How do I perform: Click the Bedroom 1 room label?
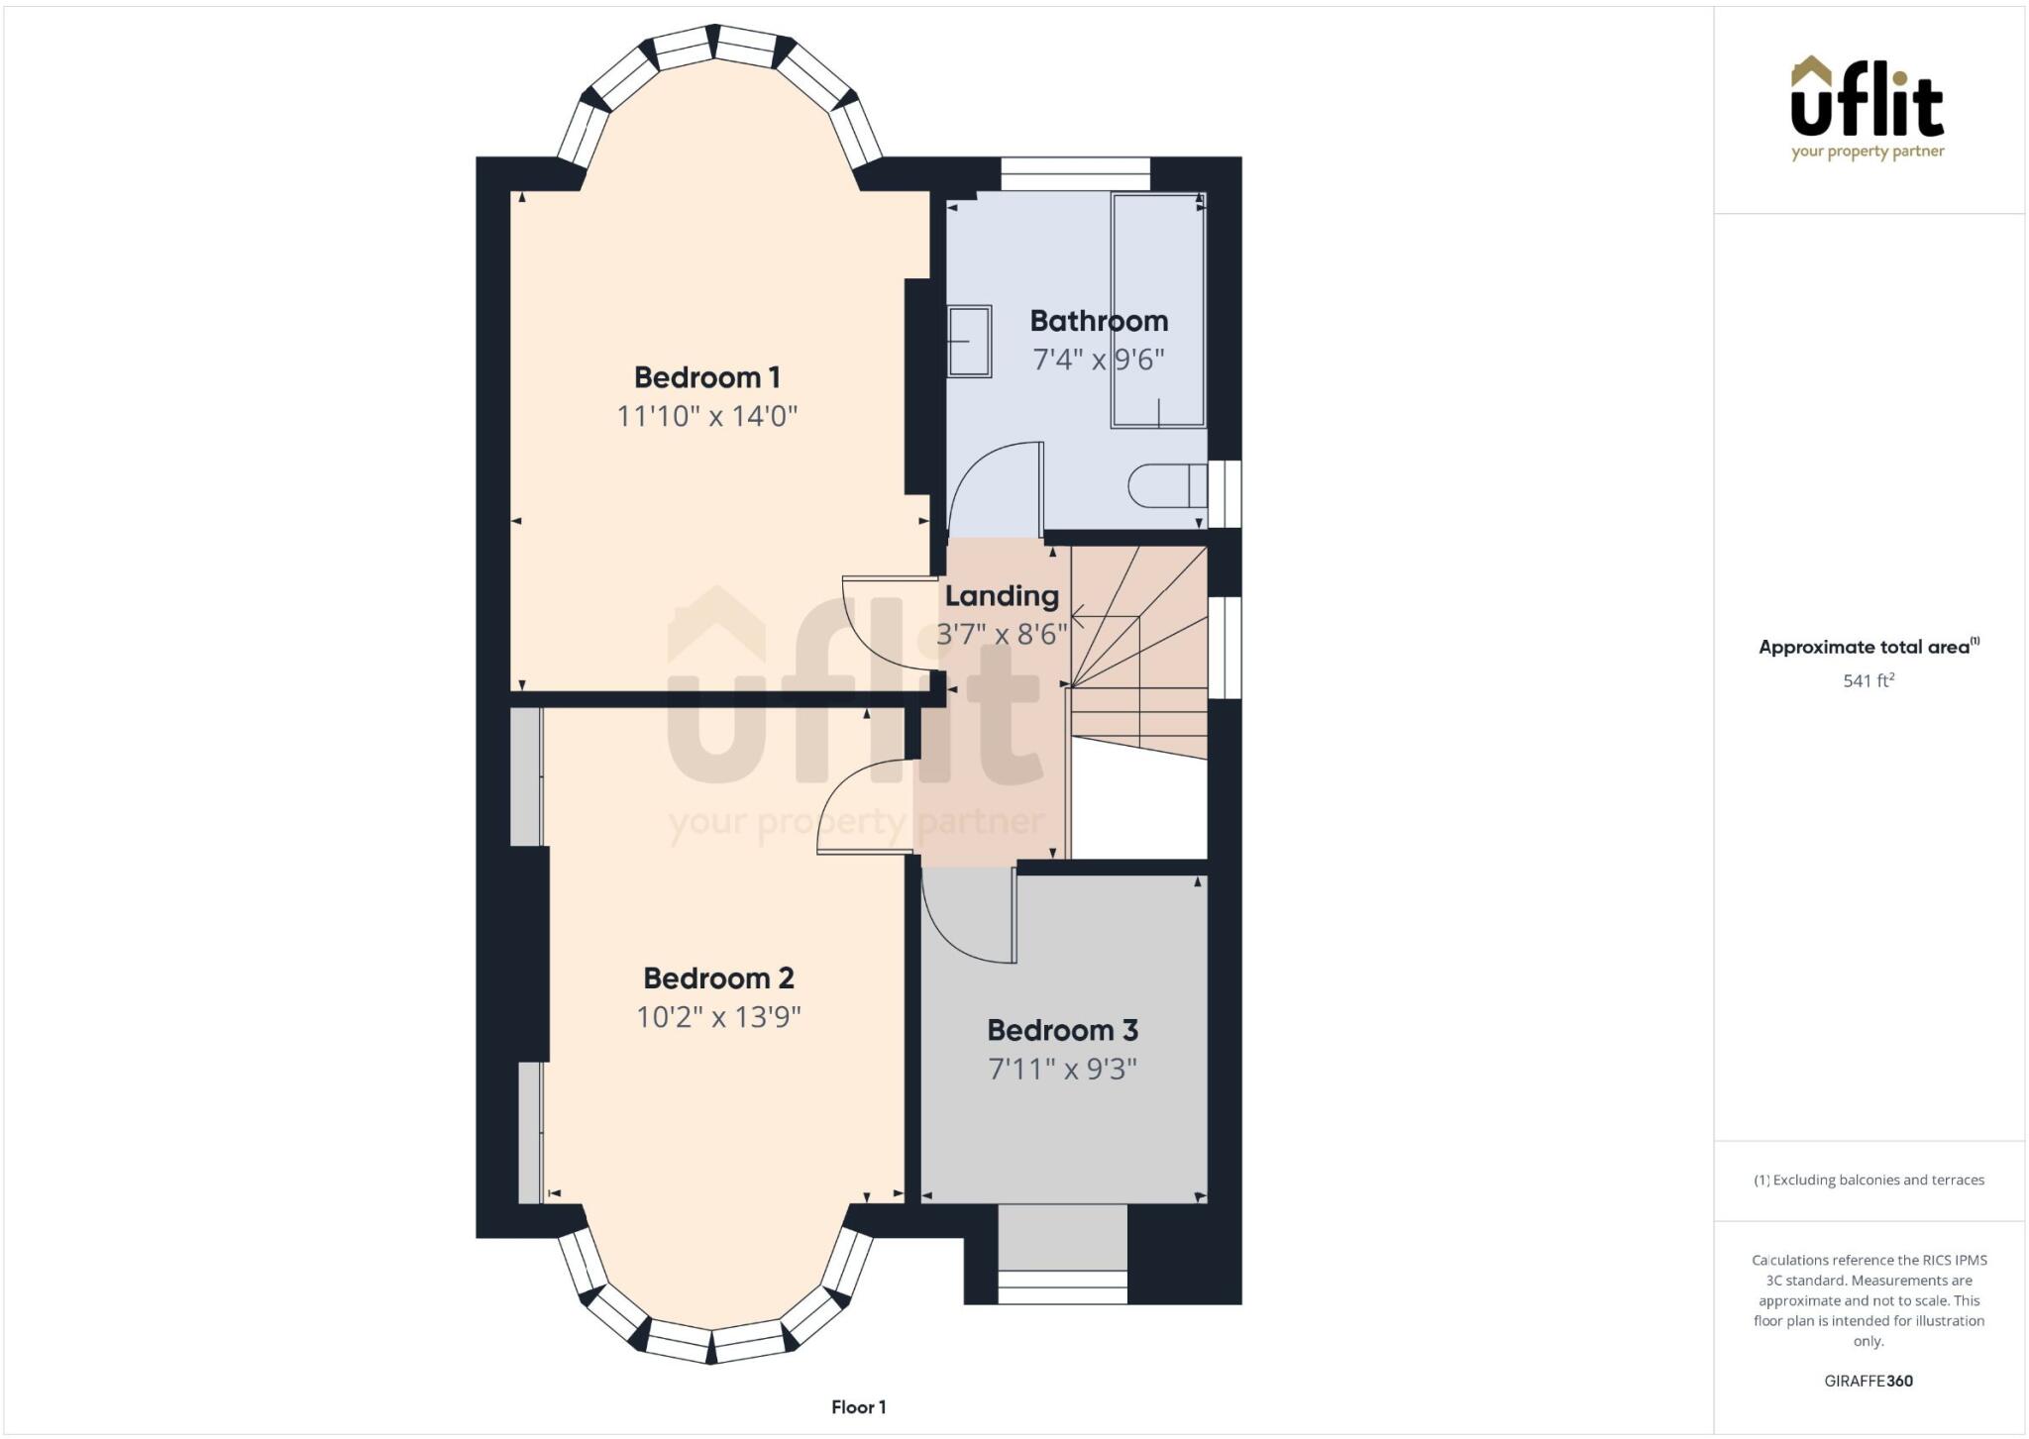pos(706,377)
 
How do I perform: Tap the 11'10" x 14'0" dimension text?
pos(706,416)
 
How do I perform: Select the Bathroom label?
pos(1098,321)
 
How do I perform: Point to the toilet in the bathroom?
pos(1164,486)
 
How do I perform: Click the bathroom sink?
pos(969,342)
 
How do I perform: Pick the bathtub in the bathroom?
pos(1157,310)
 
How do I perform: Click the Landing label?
pos(1001,596)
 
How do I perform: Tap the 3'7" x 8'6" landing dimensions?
pos(1001,634)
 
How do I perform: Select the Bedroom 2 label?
pos(718,978)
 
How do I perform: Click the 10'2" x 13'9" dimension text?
pos(718,1017)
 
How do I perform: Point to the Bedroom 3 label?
pos(1062,1030)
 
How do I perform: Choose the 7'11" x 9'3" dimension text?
pos(1062,1070)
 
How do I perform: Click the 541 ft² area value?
pos(1868,680)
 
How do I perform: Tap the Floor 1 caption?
pos(858,1407)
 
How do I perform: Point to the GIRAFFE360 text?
pos(1868,1381)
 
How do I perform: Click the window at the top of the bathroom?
pos(1075,173)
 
